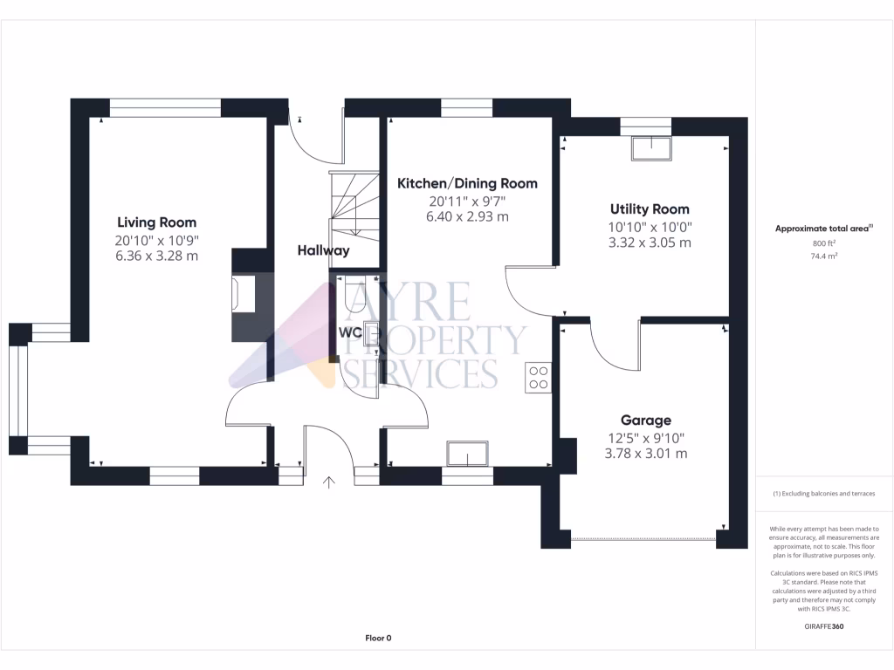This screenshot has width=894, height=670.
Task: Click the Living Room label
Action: coord(156,222)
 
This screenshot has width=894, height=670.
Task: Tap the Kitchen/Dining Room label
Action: coord(467,183)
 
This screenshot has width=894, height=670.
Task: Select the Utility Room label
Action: coord(649,209)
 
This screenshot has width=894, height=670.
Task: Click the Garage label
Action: coord(646,420)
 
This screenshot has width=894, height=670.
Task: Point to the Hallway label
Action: coord(323,250)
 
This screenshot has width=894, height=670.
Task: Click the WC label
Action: coord(351,332)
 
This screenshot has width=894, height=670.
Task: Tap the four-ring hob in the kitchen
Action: coord(539,377)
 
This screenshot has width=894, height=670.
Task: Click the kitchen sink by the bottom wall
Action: coord(467,455)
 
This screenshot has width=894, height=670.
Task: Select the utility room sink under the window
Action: coord(651,148)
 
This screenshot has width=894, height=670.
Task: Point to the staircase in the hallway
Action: coord(353,204)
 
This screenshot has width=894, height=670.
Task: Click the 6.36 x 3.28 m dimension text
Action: coord(156,256)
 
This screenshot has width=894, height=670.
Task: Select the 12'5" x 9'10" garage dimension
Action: coord(646,437)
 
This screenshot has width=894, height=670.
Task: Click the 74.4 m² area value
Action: coord(824,257)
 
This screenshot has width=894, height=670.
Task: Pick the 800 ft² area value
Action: coord(824,244)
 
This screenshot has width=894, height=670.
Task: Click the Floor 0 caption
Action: coord(378,638)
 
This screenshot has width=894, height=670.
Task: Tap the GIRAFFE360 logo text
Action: coord(824,626)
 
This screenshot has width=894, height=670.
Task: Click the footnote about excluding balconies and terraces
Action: coord(824,494)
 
